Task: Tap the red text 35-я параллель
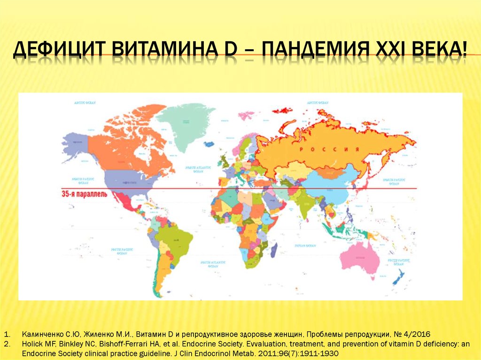point(85,193)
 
